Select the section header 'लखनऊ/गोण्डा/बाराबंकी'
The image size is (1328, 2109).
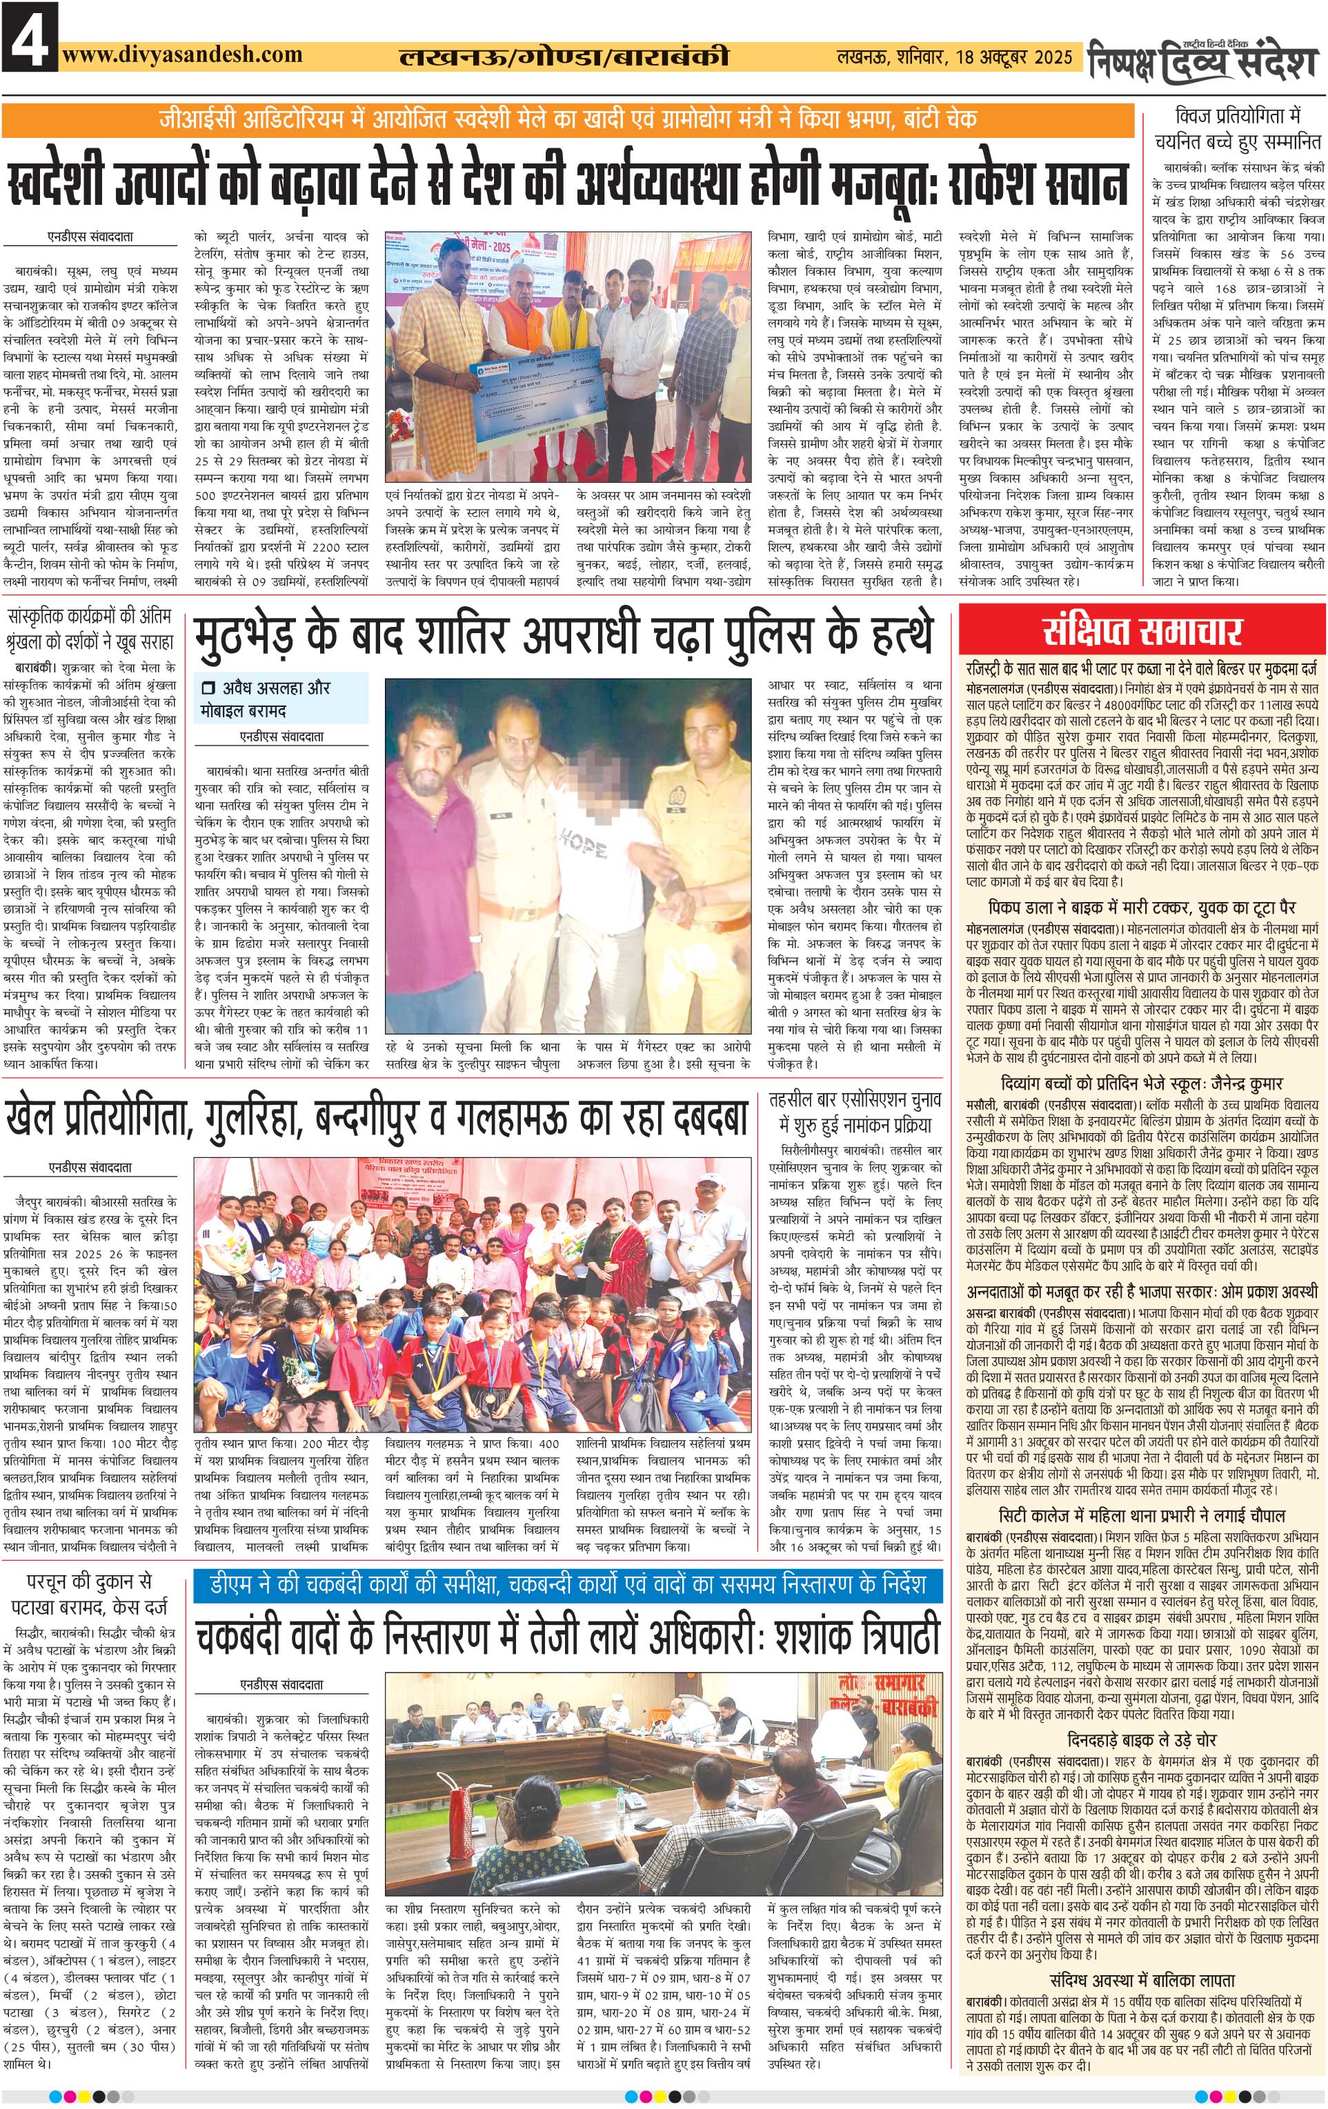point(563,58)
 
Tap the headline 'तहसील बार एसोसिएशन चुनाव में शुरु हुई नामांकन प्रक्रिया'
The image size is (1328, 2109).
point(853,1112)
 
